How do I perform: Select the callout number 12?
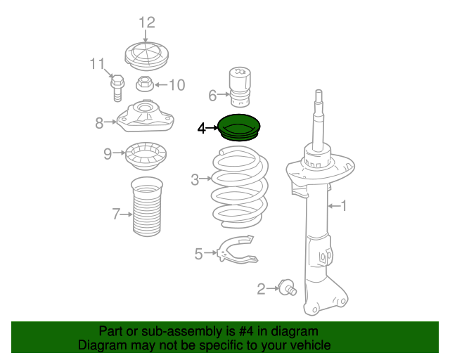tap(146, 22)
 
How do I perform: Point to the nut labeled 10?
tap(143, 84)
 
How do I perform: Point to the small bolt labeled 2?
tap(286, 287)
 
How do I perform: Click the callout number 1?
tap(344, 206)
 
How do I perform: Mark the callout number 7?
tap(116, 214)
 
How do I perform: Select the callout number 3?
tap(195, 180)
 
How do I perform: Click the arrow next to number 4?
tap(214, 128)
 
